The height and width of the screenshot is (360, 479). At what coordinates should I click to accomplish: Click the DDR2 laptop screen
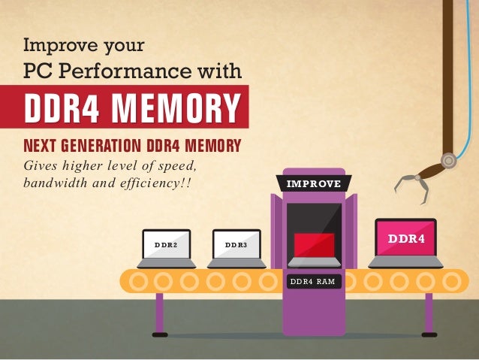pos(165,245)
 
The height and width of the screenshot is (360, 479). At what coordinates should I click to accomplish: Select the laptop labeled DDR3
pos(236,245)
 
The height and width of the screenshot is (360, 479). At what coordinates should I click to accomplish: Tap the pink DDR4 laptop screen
pos(405,238)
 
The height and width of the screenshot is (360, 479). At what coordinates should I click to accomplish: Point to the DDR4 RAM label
pos(312,281)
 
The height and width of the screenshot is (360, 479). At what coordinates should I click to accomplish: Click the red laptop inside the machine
pos(314,244)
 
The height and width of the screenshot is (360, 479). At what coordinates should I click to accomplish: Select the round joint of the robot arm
pos(448,160)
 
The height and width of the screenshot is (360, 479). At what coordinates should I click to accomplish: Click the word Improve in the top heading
pos(57,46)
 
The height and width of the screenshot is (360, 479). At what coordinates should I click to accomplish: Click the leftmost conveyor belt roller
pos(137,280)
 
